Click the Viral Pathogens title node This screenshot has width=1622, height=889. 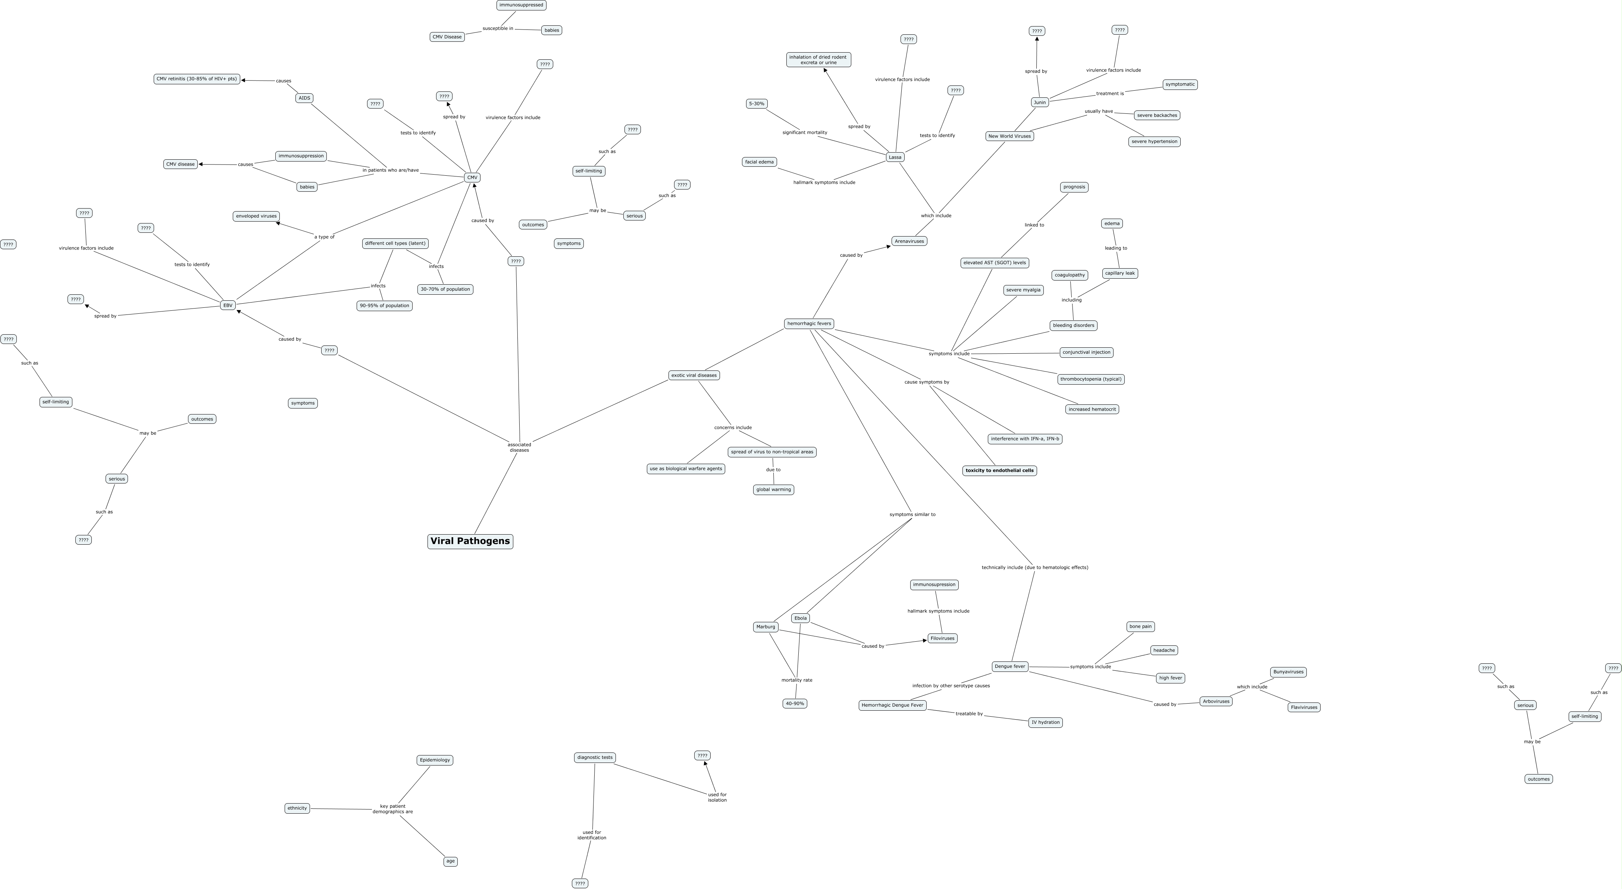click(470, 541)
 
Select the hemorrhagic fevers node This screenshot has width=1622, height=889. click(809, 323)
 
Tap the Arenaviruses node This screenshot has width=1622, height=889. click(909, 241)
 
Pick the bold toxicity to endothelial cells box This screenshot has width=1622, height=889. click(999, 470)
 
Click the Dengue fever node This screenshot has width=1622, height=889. click(1010, 666)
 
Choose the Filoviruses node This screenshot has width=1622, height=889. click(942, 638)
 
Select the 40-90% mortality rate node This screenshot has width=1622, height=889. click(795, 703)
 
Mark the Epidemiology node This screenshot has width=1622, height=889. click(435, 760)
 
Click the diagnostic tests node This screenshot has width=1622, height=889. click(594, 757)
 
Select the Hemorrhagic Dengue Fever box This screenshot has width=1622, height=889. click(892, 705)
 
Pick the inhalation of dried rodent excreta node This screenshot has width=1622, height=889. click(818, 60)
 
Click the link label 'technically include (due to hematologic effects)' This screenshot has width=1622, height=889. click(1034, 567)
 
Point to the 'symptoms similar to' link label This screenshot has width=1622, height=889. click(912, 514)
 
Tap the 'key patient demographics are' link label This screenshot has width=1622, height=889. click(393, 809)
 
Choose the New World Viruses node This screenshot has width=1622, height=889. click(1009, 136)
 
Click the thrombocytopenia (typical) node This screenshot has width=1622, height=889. click(1090, 379)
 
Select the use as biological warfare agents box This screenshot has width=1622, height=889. click(686, 469)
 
